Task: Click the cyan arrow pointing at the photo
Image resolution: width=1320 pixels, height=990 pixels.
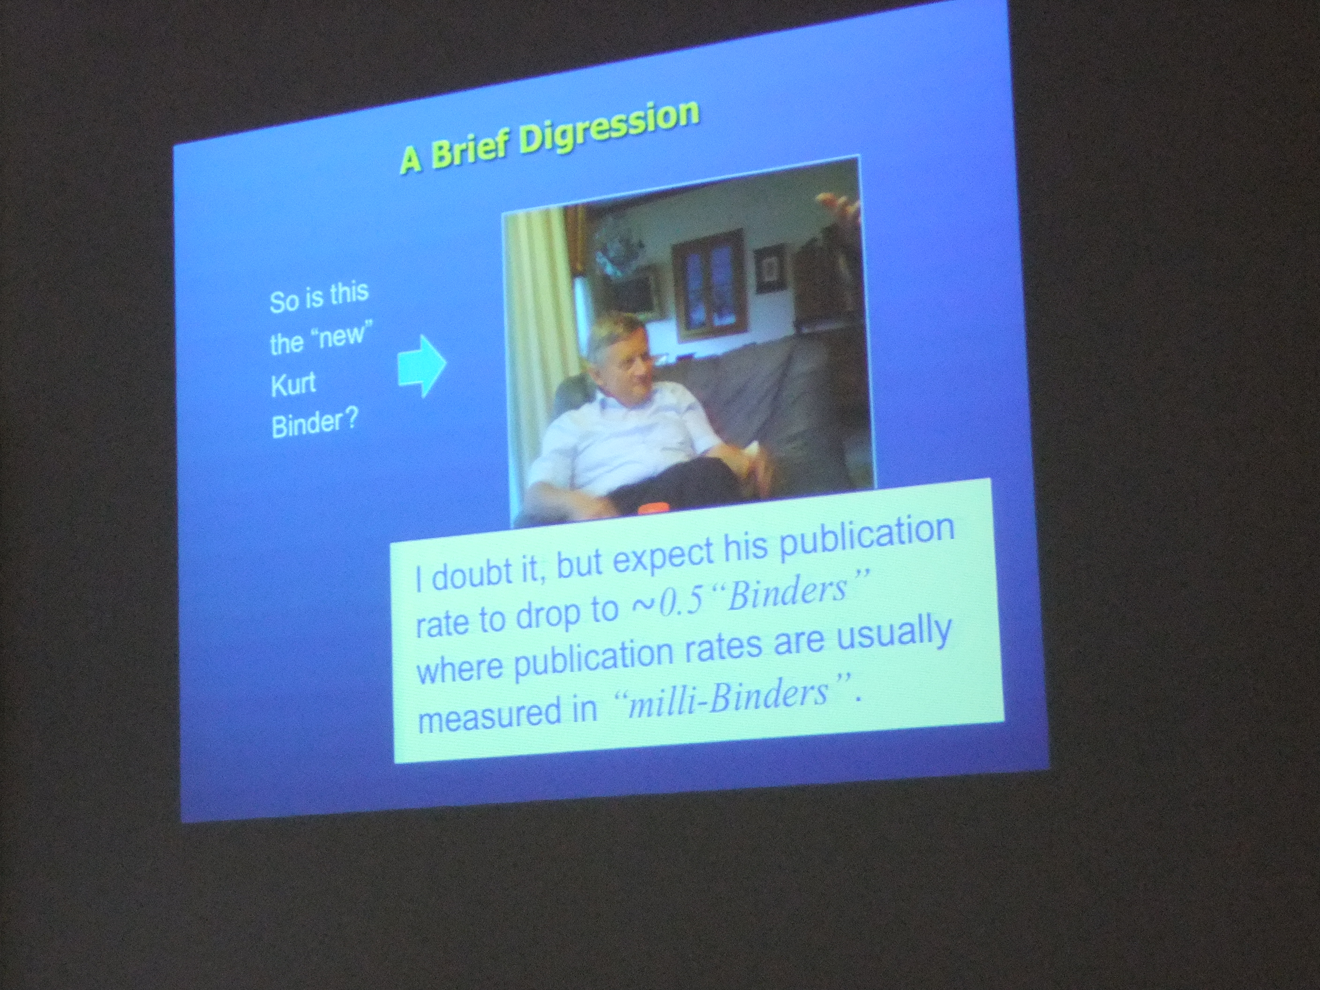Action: coord(421,365)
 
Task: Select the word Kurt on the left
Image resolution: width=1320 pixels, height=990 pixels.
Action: coord(293,384)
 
